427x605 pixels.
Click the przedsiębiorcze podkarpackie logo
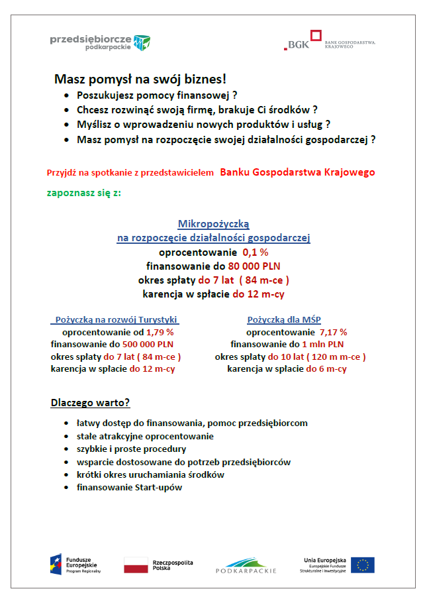click(x=100, y=43)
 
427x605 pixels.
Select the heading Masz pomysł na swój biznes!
click(x=140, y=79)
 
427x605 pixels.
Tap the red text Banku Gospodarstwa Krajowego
click(x=297, y=172)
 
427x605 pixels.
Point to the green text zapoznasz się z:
click(x=84, y=193)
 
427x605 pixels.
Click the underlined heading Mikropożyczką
click(x=213, y=224)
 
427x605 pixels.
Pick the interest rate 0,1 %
click(x=256, y=252)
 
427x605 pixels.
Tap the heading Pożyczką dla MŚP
click(x=284, y=319)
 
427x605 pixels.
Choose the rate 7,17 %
click(x=333, y=332)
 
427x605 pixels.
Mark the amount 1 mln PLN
click(x=322, y=345)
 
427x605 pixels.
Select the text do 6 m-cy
click(x=327, y=369)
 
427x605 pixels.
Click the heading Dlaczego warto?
click(x=90, y=403)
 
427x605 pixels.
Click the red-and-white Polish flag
click(x=136, y=565)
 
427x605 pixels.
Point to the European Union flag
click(x=363, y=565)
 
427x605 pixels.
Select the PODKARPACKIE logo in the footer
click(x=246, y=565)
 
